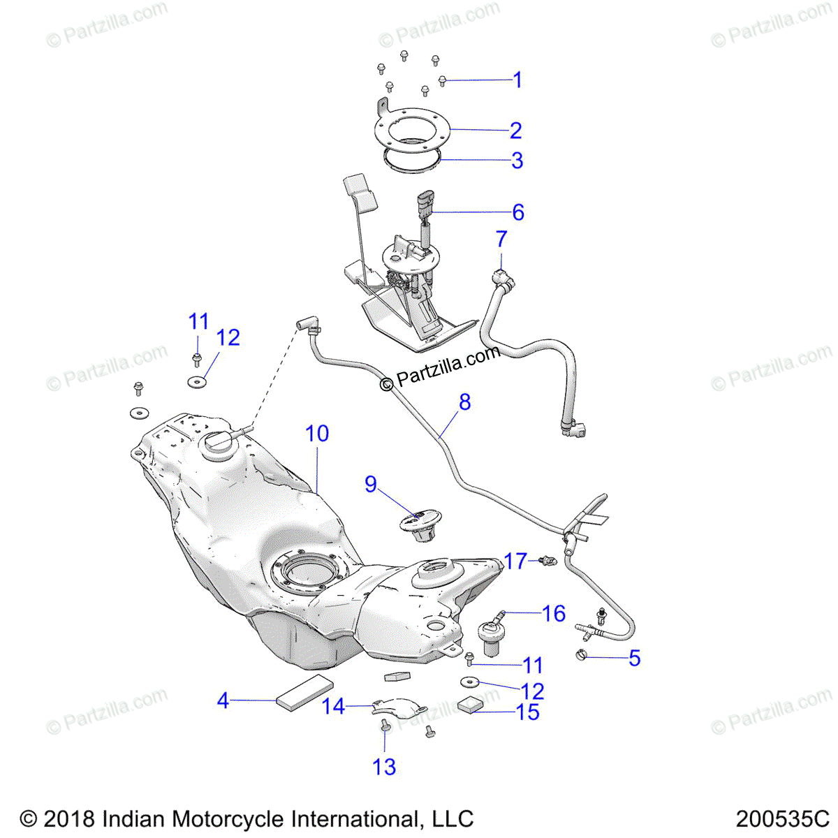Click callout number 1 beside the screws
(517, 80)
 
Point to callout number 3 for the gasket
(517, 161)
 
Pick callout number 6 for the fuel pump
(517, 212)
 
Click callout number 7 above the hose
(501, 240)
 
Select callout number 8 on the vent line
(464, 402)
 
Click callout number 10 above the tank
(317, 434)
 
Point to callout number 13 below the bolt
(384, 767)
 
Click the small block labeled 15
(469, 704)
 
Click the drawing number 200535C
(781, 818)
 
